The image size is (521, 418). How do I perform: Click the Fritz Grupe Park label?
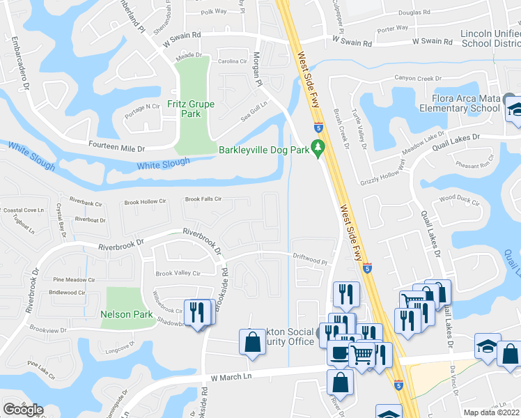pyautogui.click(x=191, y=109)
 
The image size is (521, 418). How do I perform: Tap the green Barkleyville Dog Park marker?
pyautogui.click(x=318, y=147)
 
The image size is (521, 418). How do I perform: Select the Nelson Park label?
pyautogui.click(x=126, y=314)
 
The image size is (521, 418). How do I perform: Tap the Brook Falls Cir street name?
pyautogui.click(x=203, y=199)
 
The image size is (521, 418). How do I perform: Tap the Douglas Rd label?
pyautogui.click(x=414, y=13)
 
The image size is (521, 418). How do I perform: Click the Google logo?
pyautogui.click(x=23, y=410)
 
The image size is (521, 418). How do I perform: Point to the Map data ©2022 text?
pyautogui.click(x=491, y=412)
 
